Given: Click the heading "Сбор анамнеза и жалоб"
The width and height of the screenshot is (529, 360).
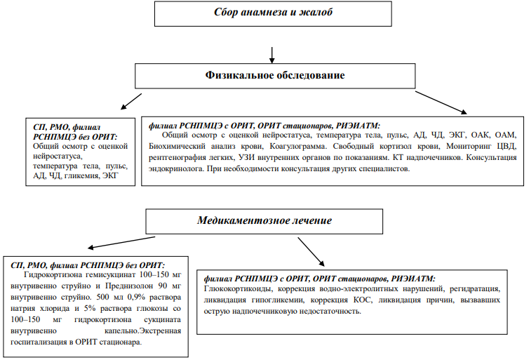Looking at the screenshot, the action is pos(273,12).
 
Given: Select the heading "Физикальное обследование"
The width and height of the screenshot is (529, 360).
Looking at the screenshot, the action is pos(275,75).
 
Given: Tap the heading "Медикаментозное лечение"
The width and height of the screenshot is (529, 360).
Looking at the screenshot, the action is pos(264,220).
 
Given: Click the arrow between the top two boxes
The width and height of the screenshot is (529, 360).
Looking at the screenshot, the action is pos(272,55).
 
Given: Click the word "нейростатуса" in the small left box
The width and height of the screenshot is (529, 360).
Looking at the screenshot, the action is pos(58,156).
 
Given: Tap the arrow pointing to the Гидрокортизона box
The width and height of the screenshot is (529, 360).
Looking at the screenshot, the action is pos(121,242).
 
